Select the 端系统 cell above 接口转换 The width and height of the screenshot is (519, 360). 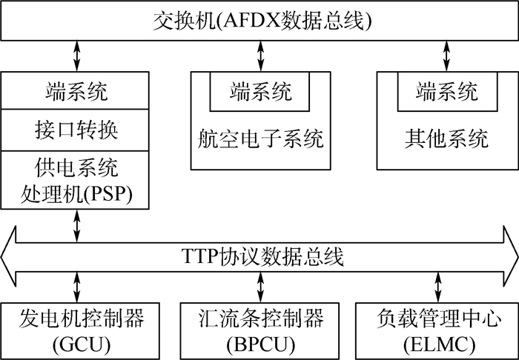point(76,92)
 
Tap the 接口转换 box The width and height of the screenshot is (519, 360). point(76,130)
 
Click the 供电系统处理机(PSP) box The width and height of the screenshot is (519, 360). point(76,180)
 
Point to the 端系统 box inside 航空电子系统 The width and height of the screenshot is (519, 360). point(260,91)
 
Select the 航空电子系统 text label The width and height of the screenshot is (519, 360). point(260,138)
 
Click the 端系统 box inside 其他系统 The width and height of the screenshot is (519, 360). point(447,91)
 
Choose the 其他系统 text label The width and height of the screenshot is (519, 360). point(447,138)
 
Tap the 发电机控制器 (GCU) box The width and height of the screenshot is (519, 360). point(76,330)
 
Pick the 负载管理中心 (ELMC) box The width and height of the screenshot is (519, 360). point(437,330)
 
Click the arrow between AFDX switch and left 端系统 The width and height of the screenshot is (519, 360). point(76,56)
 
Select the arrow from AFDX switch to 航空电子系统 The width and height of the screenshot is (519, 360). point(260,56)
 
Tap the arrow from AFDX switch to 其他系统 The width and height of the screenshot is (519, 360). point(446,56)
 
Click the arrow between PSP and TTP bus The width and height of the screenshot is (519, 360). point(76,225)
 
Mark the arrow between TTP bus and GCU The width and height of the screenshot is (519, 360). point(76,287)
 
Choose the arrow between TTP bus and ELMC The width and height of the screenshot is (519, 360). point(437,287)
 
